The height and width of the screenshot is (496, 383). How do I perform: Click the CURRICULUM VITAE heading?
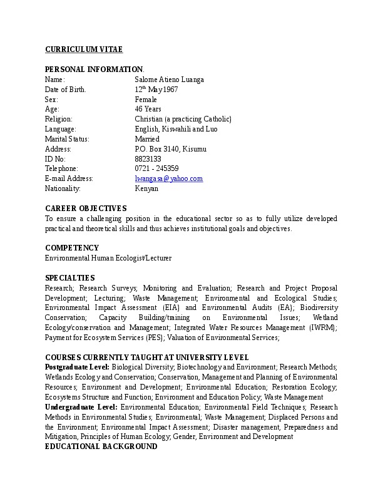point(84,49)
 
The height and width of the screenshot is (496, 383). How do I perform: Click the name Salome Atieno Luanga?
point(169,80)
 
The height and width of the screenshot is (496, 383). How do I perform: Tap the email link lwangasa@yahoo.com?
point(169,178)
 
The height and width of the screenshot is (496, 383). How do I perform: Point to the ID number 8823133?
point(148,158)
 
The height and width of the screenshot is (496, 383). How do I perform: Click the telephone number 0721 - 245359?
point(156,168)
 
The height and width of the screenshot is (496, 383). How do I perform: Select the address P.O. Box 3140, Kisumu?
point(170,149)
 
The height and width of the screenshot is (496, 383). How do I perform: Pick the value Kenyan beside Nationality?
point(146,189)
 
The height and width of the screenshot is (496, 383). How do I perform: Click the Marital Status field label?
point(67,139)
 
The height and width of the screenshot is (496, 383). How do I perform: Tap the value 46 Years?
point(148,109)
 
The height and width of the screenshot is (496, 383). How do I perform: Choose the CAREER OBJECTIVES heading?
point(86,208)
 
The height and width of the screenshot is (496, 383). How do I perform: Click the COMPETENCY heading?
point(72,247)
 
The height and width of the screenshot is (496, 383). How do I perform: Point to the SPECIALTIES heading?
point(70,277)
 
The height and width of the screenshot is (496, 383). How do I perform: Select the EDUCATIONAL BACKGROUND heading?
point(101,446)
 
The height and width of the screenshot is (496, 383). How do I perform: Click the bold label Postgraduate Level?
point(78,366)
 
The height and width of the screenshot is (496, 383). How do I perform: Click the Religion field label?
point(59,119)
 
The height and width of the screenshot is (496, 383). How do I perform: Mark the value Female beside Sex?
point(146,100)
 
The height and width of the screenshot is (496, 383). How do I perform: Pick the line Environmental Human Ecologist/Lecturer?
point(108,257)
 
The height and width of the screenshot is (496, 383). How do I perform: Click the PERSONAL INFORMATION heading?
point(94,69)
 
